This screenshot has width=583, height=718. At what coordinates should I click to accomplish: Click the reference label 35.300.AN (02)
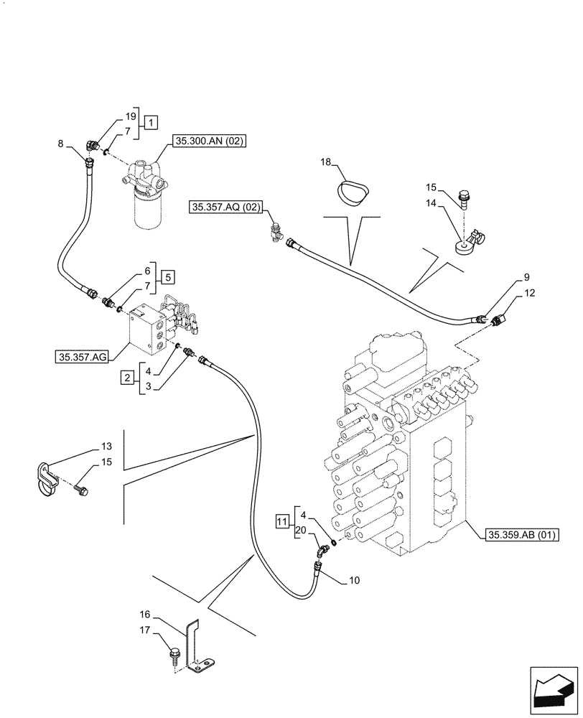[208, 142]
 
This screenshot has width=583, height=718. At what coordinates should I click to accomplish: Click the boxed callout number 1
[150, 122]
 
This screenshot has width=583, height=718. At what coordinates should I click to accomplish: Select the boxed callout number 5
[166, 276]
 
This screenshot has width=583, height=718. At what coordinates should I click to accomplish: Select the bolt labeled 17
[173, 655]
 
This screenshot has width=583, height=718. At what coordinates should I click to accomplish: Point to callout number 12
[529, 293]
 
